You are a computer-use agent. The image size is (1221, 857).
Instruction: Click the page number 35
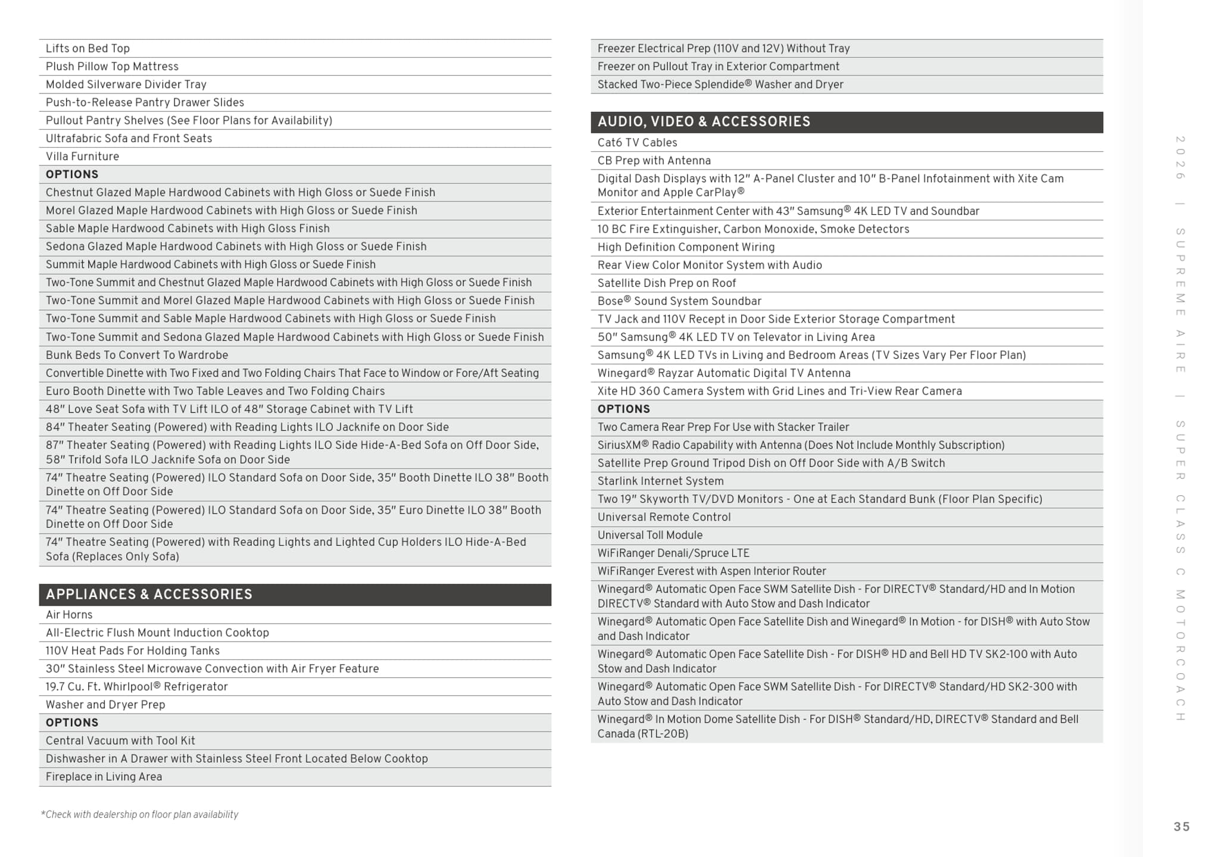(x=1181, y=827)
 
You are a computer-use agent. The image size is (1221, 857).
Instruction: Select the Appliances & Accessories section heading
(x=149, y=595)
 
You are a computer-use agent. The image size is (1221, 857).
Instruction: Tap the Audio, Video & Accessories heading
(x=704, y=122)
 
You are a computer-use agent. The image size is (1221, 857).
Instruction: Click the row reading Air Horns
(x=69, y=615)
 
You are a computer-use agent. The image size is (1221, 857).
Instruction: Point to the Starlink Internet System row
(x=660, y=481)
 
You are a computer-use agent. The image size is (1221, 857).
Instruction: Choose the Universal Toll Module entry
(x=649, y=535)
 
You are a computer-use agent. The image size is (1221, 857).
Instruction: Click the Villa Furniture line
(x=82, y=157)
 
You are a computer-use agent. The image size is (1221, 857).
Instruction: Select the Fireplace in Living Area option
(x=104, y=777)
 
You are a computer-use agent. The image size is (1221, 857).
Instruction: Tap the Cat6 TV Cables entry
(x=637, y=143)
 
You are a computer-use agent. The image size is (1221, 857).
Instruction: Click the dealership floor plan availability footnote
(x=139, y=815)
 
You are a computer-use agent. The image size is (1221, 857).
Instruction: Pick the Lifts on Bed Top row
(x=88, y=49)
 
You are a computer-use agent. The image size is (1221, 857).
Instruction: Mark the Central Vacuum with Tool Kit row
(x=120, y=741)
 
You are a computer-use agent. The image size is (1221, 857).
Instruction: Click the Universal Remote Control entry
(x=664, y=517)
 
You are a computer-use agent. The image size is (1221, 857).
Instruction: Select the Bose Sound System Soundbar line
(x=679, y=301)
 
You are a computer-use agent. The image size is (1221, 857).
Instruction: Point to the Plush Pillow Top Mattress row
(x=112, y=67)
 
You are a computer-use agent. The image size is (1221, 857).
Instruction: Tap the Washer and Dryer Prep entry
(x=105, y=705)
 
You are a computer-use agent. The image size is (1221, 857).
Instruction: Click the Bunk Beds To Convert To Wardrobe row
(x=137, y=355)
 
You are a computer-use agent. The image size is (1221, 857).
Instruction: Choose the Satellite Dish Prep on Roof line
(x=666, y=283)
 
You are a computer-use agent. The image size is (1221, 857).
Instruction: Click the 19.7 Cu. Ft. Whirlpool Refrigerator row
(x=136, y=687)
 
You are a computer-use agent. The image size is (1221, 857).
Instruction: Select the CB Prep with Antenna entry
(x=654, y=161)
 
